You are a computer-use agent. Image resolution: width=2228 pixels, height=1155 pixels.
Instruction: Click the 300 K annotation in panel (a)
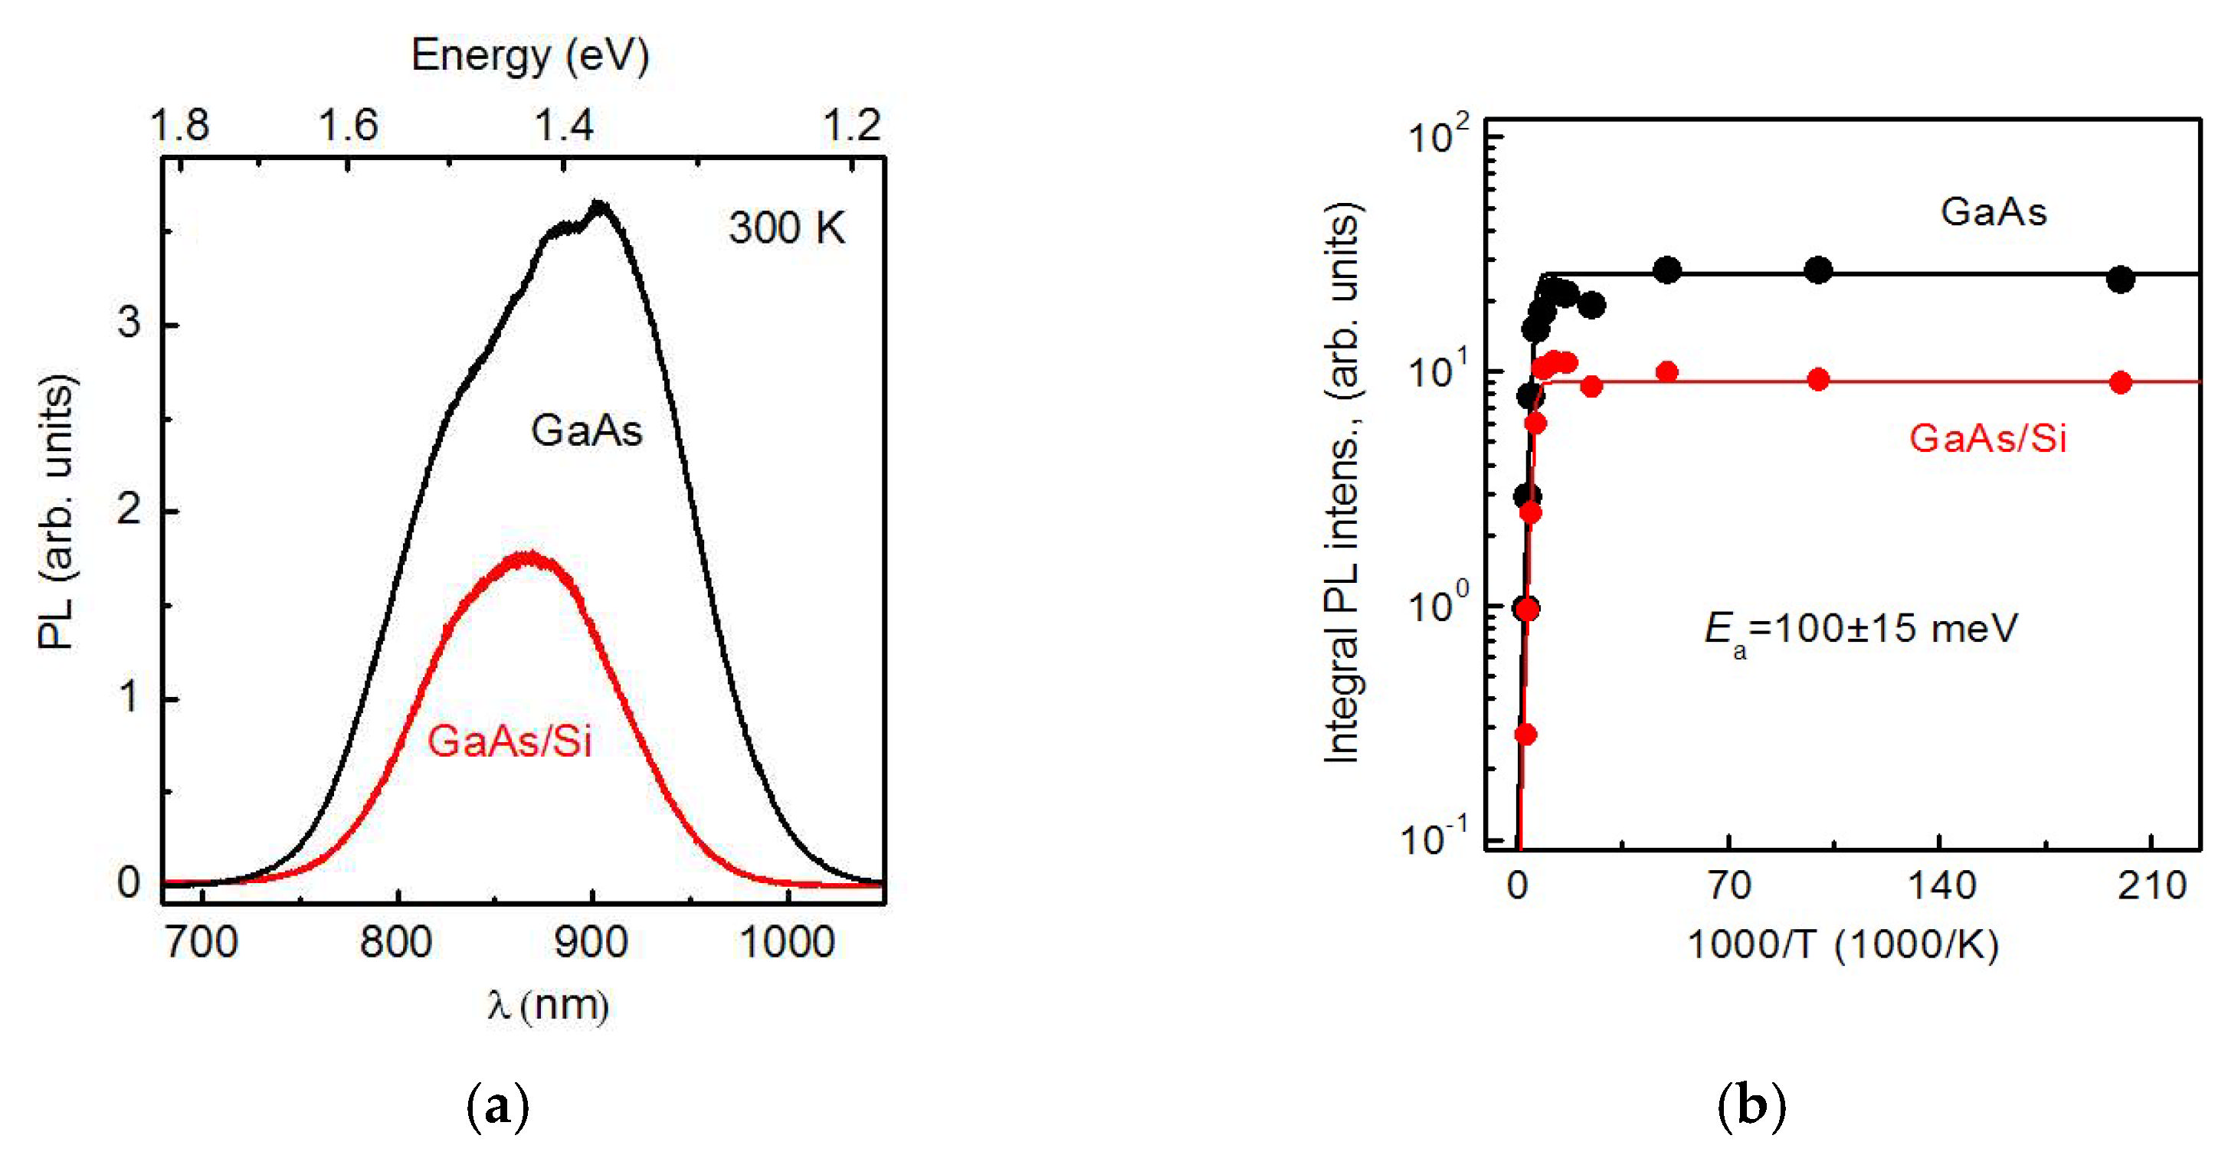click(785, 228)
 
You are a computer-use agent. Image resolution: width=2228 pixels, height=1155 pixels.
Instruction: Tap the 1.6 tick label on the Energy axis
click(349, 126)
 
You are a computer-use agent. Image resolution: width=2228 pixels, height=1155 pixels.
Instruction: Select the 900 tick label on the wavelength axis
click(591, 942)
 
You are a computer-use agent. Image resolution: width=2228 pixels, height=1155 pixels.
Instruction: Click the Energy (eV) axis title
click(529, 56)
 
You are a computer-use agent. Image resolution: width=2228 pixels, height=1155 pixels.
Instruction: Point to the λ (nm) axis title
click(548, 1006)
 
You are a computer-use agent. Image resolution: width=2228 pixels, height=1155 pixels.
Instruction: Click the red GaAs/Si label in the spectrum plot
click(509, 741)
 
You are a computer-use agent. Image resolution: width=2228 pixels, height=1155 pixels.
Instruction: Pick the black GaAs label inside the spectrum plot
click(586, 430)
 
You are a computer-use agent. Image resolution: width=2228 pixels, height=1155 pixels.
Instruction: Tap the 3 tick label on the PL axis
click(129, 322)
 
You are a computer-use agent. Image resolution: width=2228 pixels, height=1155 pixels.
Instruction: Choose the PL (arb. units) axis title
click(57, 511)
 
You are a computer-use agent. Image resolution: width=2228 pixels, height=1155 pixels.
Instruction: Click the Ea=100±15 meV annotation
click(1860, 629)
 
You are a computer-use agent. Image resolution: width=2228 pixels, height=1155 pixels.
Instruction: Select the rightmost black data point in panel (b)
click(2120, 280)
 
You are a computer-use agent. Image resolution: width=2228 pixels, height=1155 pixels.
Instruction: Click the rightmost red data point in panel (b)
click(2120, 382)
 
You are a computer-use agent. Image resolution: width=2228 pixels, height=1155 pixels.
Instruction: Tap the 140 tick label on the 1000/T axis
click(1940, 886)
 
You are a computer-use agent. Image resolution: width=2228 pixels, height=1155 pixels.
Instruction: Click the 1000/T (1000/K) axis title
click(1843, 944)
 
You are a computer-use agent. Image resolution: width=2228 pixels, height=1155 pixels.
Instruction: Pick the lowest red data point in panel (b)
click(1525, 734)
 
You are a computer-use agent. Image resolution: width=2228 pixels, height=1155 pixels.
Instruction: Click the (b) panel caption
click(1751, 1105)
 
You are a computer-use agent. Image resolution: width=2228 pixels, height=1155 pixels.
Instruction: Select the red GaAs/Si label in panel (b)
click(1987, 439)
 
